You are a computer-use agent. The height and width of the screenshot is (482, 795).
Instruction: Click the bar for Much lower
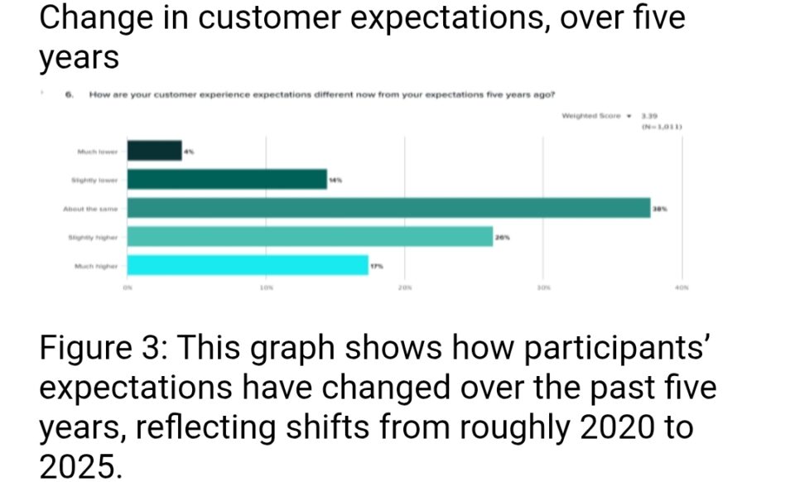(154, 151)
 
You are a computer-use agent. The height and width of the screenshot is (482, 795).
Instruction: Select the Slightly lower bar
(227, 179)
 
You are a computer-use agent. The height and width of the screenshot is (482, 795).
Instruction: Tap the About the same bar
(388, 208)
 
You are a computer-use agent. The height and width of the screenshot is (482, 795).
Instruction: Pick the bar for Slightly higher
(310, 237)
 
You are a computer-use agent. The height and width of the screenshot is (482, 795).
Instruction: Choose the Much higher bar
(248, 265)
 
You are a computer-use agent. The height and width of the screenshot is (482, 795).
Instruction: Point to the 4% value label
(189, 152)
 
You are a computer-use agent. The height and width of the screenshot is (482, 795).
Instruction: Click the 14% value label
(336, 180)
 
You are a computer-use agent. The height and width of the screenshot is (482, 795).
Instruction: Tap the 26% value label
(502, 238)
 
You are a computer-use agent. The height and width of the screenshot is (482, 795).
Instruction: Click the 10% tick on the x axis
(266, 287)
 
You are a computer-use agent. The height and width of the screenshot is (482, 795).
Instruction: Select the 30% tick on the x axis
(543, 287)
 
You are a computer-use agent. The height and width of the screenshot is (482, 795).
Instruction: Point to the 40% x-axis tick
(682, 287)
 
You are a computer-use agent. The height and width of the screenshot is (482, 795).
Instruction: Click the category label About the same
(91, 209)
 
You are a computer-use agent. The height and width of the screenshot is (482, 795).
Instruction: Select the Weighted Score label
(590, 116)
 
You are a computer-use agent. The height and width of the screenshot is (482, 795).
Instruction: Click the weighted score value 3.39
(648, 116)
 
